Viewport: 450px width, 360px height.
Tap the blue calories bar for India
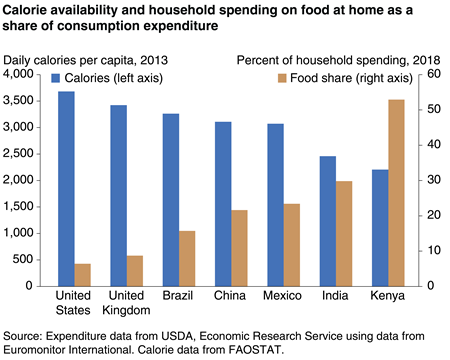click(x=326, y=220)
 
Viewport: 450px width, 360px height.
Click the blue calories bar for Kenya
click(x=378, y=227)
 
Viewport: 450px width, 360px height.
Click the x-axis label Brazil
click(x=178, y=297)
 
